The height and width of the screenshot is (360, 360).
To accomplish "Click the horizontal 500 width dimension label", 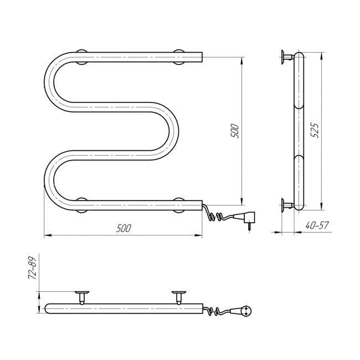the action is point(124,228).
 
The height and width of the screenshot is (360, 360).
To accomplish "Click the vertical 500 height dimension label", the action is point(235,131).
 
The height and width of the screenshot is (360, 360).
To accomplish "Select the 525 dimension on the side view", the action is point(315,130).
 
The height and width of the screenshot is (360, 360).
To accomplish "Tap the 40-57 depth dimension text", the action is point(317,225).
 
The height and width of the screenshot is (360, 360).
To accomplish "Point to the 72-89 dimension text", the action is point(33,268).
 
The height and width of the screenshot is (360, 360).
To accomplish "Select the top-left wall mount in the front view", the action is point(81,57).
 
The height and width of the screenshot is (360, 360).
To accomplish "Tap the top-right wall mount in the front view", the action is point(179,57).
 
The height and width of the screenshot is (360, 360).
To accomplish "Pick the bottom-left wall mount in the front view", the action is point(81,205).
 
